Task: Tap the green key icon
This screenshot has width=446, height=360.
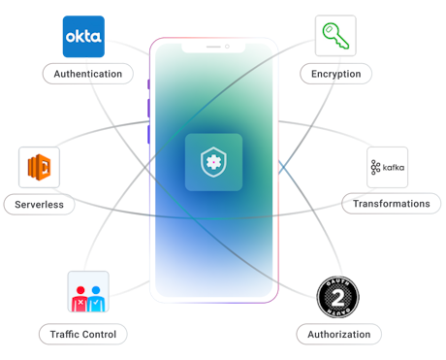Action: [x=334, y=37]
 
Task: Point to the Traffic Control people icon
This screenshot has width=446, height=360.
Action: [x=88, y=292]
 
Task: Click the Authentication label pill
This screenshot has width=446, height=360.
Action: [x=88, y=74]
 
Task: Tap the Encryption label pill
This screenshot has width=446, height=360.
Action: [x=336, y=74]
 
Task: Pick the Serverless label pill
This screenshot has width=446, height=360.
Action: [x=39, y=205]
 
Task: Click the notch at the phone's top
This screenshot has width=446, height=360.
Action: [x=213, y=47]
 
